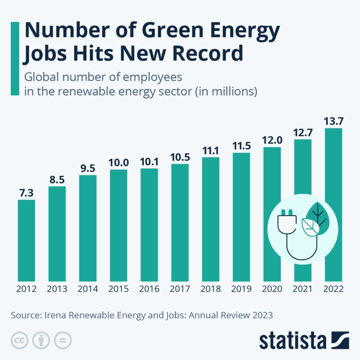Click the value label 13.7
333,121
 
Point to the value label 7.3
26,192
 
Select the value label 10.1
149,161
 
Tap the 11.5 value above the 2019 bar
241,146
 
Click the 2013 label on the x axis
57,289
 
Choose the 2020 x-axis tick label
272,289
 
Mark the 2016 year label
149,289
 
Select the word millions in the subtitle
228,92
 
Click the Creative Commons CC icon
20,340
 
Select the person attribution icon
41,340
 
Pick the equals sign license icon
62,340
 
